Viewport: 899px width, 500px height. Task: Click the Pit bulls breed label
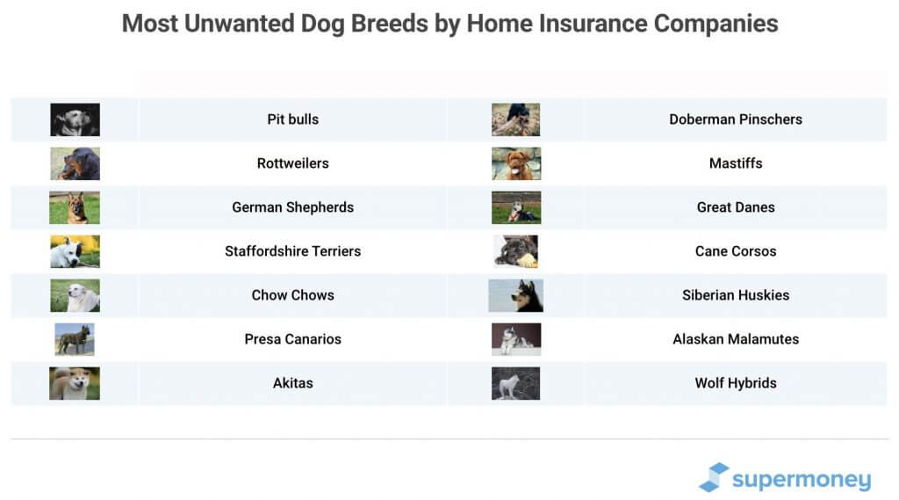[292, 120]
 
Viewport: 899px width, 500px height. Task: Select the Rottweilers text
[292, 163]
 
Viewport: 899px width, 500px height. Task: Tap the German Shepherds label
[292, 207]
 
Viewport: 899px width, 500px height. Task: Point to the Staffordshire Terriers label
[292, 251]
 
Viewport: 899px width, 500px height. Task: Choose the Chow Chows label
[292, 295]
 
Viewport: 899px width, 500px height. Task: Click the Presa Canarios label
[292, 339]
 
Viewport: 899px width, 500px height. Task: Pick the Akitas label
[292, 383]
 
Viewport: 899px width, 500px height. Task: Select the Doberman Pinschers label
[735, 120]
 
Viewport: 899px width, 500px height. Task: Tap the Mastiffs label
[735, 163]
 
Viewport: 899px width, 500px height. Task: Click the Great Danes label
[735, 207]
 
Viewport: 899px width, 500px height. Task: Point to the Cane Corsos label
[735, 251]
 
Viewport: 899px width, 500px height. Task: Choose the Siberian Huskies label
[735, 295]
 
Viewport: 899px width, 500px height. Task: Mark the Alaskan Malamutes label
[735, 339]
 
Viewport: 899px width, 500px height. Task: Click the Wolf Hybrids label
[735, 383]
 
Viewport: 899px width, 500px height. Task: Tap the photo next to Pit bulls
[75, 120]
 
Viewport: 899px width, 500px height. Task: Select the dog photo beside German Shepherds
[75, 207]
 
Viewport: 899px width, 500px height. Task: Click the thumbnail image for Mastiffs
[516, 163]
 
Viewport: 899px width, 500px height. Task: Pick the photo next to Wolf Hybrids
[516, 383]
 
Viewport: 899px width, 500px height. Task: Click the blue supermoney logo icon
[714, 477]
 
